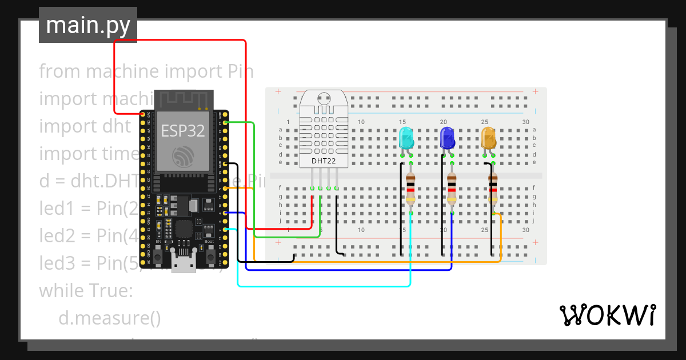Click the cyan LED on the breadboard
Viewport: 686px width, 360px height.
pos(406,138)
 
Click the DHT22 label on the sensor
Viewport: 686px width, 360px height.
pos(324,161)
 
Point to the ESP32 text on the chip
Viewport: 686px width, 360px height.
pos(183,131)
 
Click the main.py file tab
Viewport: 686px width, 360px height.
pos(88,25)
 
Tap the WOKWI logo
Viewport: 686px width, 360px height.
pos(607,315)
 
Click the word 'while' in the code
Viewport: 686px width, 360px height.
pos(59,291)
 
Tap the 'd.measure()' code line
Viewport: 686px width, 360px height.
pos(109,318)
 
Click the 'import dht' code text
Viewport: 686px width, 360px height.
pos(85,126)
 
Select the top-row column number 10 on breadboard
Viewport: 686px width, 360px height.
pos(361,122)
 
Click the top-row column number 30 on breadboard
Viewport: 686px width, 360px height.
pos(525,122)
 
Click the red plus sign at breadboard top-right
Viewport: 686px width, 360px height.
pos(535,91)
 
